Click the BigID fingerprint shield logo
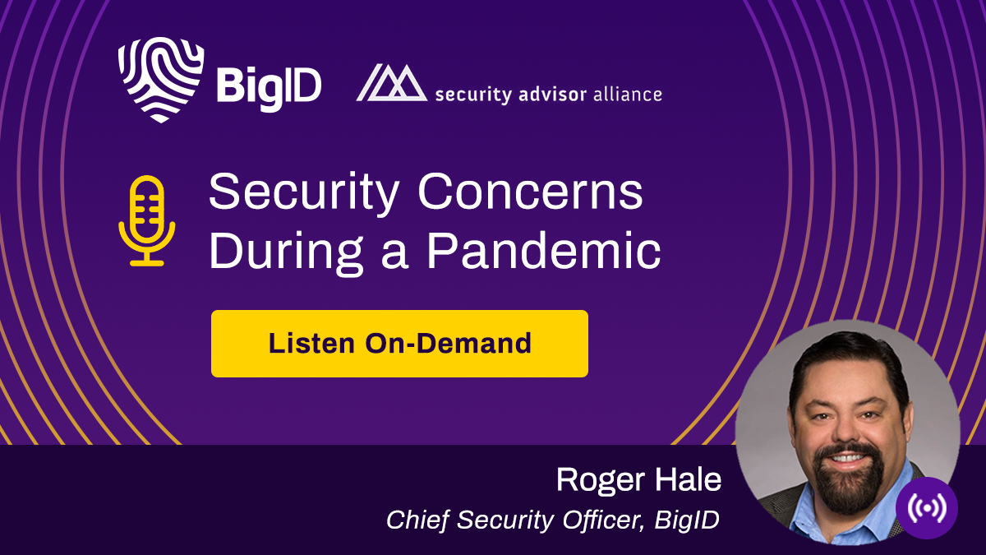(x=160, y=80)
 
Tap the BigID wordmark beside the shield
(x=268, y=86)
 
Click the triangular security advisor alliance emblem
(x=391, y=83)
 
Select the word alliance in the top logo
(x=627, y=94)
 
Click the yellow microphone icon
(x=147, y=221)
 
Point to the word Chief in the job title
(x=414, y=520)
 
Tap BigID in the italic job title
(x=687, y=520)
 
